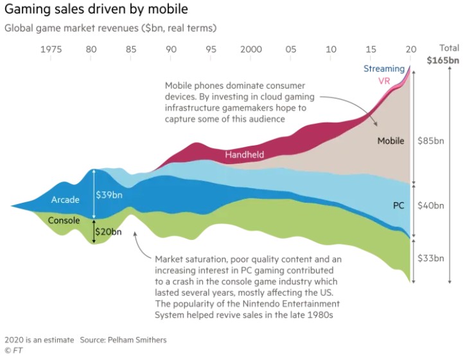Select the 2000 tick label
(x=251, y=49)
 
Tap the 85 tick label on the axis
(x=131, y=49)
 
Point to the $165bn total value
(x=444, y=62)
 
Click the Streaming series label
(x=383, y=69)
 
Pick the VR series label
(x=383, y=81)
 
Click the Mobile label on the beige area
(x=391, y=141)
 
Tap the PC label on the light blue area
(x=398, y=205)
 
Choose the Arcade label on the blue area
(x=66, y=200)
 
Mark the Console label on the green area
(x=64, y=220)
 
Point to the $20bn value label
(x=108, y=232)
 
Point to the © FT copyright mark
(x=13, y=351)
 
